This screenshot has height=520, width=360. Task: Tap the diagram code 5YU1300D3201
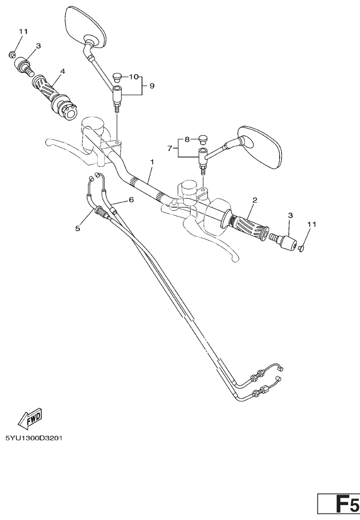coord(34,438)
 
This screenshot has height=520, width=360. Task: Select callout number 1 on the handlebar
coord(152,162)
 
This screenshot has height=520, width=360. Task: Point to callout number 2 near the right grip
coord(254,200)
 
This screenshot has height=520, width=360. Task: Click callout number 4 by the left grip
coord(62,71)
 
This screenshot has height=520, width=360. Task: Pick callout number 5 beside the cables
coord(78,228)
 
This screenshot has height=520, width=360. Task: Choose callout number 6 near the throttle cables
coord(131,199)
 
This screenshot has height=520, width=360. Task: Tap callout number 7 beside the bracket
coord(170,149)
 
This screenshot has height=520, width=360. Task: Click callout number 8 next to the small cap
coord(187,140)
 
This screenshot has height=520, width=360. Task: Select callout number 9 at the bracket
coord(152,86)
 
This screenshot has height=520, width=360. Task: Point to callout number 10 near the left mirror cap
coord(133,77)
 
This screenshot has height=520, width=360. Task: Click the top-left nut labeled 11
coord(12,54)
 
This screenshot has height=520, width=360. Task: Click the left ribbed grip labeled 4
coord(55,98)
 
